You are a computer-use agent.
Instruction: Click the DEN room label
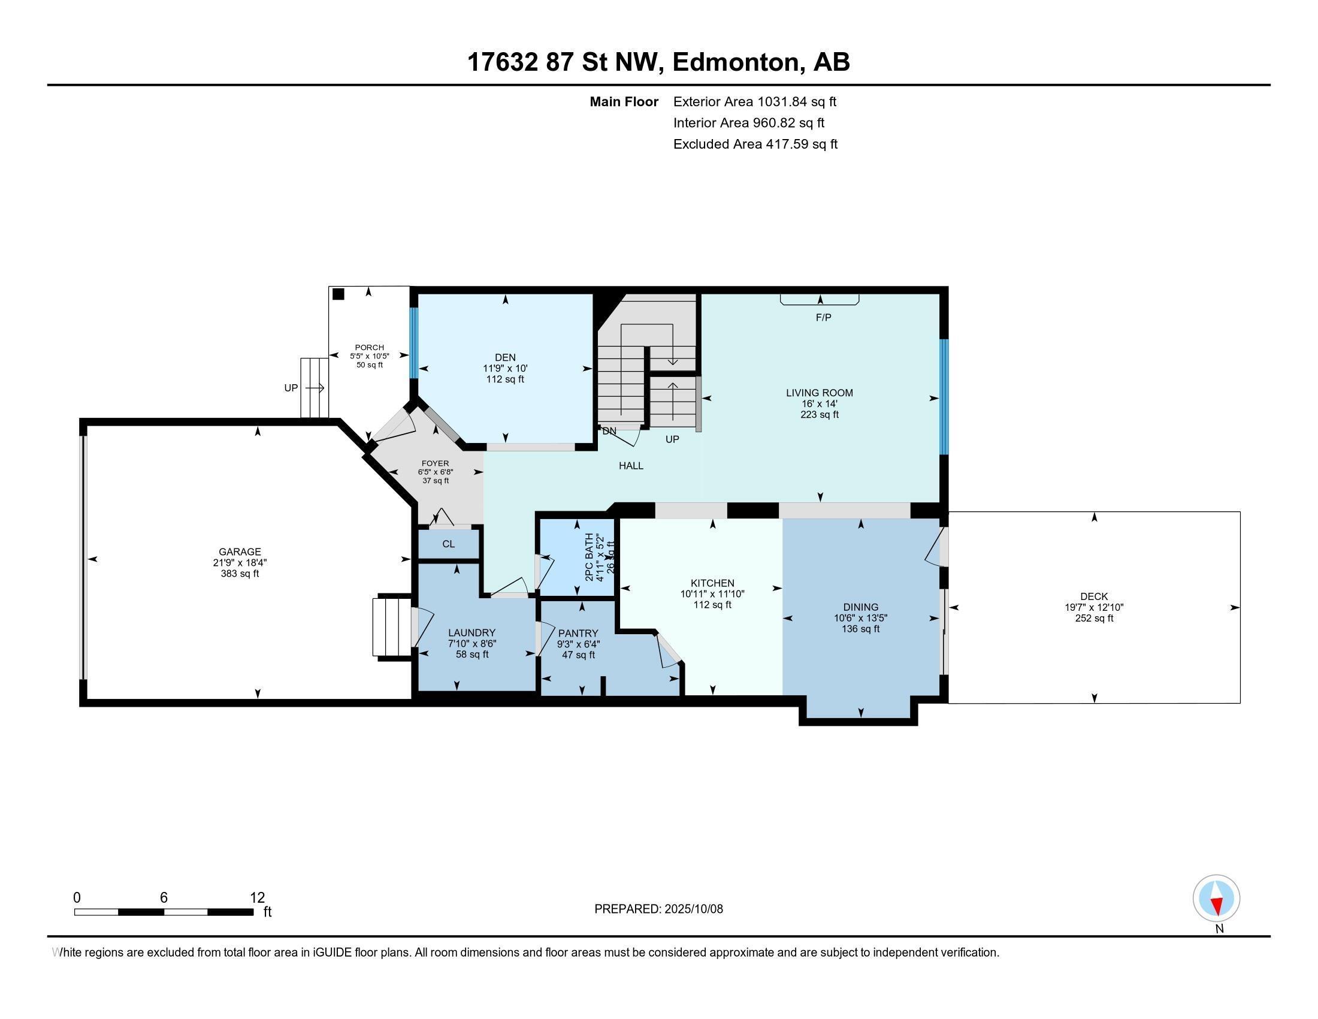tap(504, 357)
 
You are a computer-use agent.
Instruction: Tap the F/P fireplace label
tap(823, 318)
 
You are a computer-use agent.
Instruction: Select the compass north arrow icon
tap(1216, 899)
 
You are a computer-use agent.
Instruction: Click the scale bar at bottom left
tap(164, 912)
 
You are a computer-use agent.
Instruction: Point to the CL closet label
tap(448, 544)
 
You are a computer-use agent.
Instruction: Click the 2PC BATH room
tap(577, 557)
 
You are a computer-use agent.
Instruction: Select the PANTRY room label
tap(578, 633)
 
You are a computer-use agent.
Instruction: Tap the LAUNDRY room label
tap(471, 632)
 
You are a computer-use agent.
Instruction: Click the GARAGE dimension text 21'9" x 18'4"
tap(240, 563)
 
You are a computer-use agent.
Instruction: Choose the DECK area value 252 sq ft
tap(1093, 618)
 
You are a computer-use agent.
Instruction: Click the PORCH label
tap(368, 348)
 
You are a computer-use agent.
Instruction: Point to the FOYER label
tap(435, 463)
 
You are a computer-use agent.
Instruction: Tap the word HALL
tap(631, 465)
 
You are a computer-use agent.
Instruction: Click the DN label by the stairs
tap(609, 431)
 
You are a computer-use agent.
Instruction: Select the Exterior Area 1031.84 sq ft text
tap(754, 101)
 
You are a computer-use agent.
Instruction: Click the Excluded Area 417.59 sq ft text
tap(755, 144)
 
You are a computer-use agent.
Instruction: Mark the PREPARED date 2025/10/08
tap(658, 909)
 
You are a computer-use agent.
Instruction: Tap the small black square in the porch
tap(338, 294)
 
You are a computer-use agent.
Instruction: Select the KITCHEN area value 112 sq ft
tap(712, 604)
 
